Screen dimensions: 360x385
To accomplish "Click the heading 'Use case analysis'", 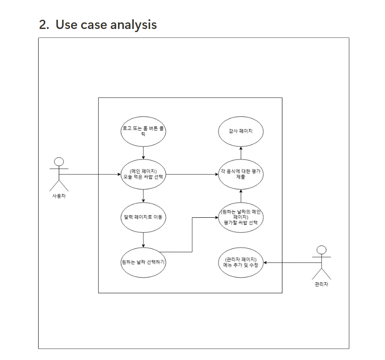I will tap(106, 25).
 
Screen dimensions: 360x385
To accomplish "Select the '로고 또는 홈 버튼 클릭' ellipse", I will tap(144, 131).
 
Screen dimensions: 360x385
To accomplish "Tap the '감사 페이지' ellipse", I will tap(240, 131).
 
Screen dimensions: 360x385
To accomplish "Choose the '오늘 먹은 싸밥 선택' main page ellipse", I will tap(144, 174).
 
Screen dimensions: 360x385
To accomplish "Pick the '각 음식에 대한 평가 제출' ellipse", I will tap(240, 174).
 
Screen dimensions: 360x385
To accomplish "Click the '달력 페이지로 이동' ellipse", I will tap(144, 217).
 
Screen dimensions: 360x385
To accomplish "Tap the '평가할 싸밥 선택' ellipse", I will tap(240, 217).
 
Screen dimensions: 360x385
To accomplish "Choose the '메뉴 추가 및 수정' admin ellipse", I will tap(240, 263).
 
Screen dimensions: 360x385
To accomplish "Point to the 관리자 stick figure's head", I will tap(321, 250).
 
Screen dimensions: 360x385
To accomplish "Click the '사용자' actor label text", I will tap(59, 195).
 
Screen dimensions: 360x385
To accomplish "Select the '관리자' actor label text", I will tap(321, 284).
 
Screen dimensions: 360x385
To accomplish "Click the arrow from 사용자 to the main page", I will tap(92, 174).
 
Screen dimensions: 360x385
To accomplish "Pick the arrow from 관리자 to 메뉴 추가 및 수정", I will tap(289, 263).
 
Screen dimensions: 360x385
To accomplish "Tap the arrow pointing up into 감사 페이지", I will tap(240, 153).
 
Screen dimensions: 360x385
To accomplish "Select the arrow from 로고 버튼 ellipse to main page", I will tap(144, 152).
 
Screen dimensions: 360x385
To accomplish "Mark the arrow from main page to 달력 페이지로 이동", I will tap(144, 195).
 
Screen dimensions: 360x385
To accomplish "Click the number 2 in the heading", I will tap(43, 25).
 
